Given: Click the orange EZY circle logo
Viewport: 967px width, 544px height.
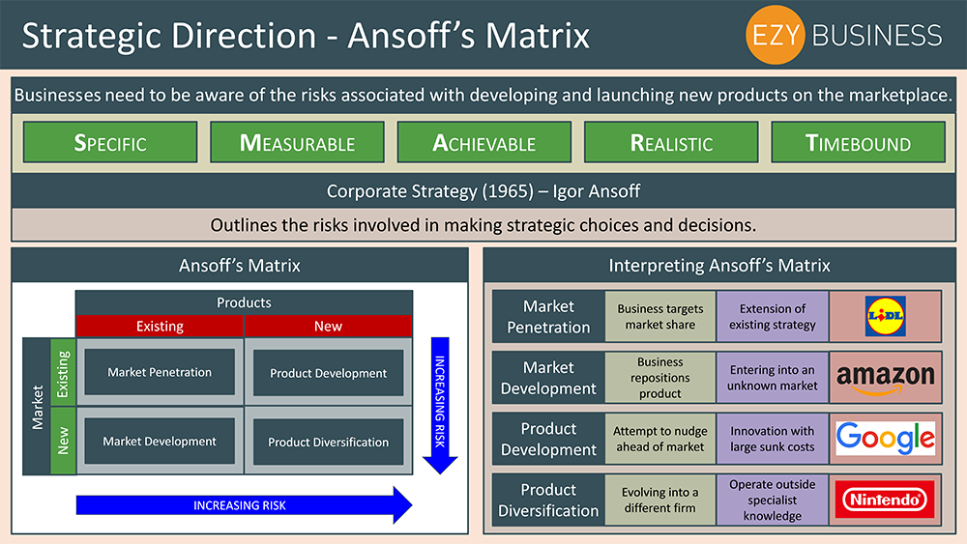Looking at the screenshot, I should point(777,35).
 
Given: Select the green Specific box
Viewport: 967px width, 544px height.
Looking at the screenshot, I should point(110,142).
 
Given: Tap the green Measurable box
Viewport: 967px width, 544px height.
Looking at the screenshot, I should point(297,142).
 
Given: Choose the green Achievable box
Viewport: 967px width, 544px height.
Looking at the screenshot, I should point(483,142).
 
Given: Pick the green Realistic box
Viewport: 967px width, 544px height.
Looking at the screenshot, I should point(671,142).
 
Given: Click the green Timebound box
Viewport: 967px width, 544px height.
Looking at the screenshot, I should point(858,142).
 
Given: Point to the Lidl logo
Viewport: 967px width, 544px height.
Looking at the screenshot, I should point(885,316).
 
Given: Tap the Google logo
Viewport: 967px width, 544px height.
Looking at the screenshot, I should point(885,438).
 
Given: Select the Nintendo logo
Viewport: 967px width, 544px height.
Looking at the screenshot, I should point(885,499).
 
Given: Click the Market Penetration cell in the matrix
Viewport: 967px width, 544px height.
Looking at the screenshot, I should point(160,372).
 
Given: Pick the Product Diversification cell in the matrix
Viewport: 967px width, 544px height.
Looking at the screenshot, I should point(328,442).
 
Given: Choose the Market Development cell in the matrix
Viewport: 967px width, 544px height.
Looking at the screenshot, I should point(160,442).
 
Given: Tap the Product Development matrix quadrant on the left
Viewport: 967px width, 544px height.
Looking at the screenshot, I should point(328,373).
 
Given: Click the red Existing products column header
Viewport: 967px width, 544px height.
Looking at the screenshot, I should point(160,326).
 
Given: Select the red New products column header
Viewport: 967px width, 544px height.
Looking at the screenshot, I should point(328,326).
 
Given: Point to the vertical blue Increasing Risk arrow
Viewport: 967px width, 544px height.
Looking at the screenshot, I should point(440,404).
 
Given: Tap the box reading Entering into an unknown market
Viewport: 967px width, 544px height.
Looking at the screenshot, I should point(773,377).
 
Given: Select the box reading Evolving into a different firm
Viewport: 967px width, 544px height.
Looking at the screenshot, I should point(660,499).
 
